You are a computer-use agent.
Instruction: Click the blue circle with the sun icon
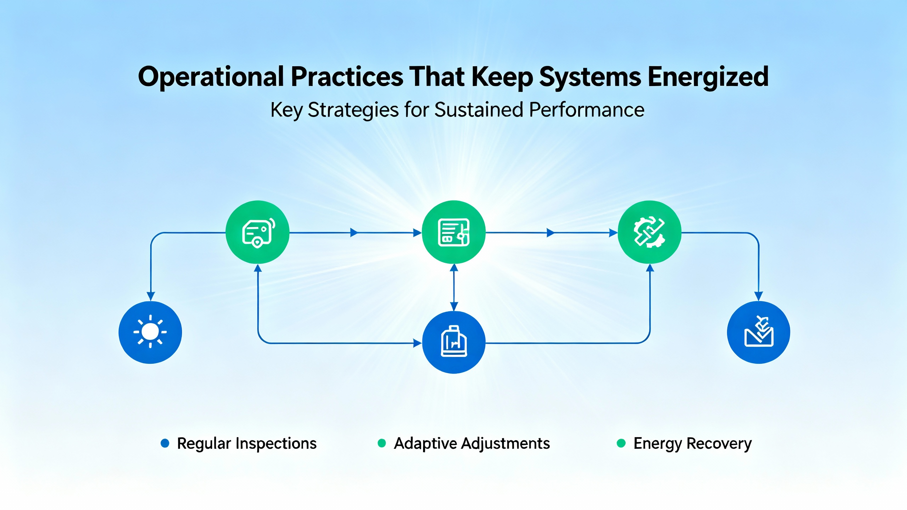pyautogui.click(x=150, y=332)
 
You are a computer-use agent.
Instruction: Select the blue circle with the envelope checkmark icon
pyautogui.click(x=759, y=332)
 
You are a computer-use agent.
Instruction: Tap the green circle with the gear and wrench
pyautogui.click(x=649, y=232)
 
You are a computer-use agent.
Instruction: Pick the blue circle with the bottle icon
pyautogui.click(x=454, y=342)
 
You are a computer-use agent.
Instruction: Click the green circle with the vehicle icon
pyautogui.click(x=258, y=232)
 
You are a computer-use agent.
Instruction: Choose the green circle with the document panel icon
pyautogui.click(x=454, y=232)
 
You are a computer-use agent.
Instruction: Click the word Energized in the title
pyautogui.click(x=708, y=77)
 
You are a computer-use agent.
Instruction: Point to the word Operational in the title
pyautogui.click(x=211, y=77)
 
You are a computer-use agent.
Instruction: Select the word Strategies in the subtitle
pyautogui.click(x=353, y=110)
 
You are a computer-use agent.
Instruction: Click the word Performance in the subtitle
pyautogui.click(x=587, y=110)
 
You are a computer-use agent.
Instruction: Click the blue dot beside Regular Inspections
pyautogui.click(x=165, y=443)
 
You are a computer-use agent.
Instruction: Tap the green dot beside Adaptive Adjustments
pyautogui.click(x=382, y=443)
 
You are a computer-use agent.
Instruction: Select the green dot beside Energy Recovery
pyautogui.click(x=621, y=443)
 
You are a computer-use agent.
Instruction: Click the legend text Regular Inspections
pyautogui.click(x=247, y=443)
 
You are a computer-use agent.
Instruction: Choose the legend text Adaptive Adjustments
pyautogui.click(x=472, y=443)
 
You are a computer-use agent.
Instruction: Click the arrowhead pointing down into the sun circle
pyautogui.click(x=151, y=296)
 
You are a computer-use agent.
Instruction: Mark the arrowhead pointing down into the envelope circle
pyautogui.click(x=759, y=296)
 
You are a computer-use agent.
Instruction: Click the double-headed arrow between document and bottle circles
pyautogui.click(x=454, y=287)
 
